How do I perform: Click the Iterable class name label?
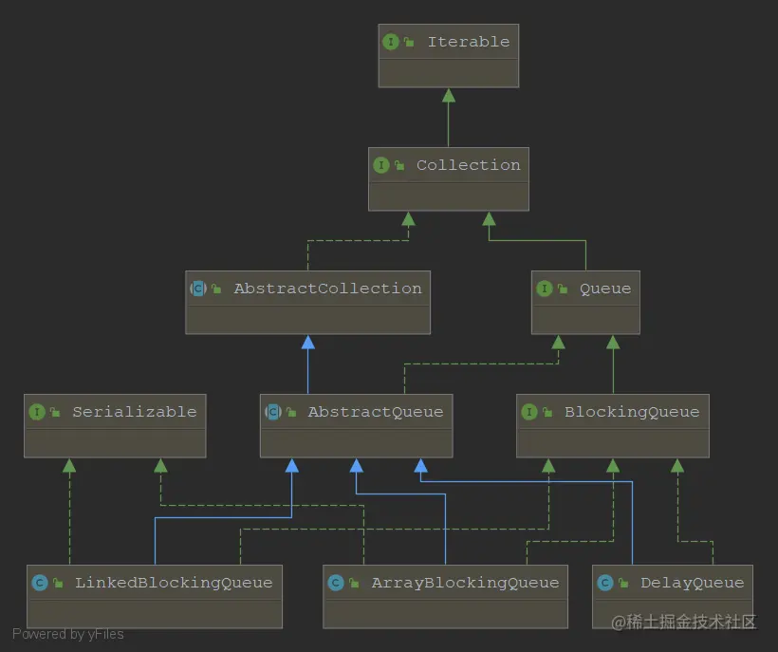pos(468,42)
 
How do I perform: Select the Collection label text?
pos(468,165)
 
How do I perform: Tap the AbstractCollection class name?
pos(327,289)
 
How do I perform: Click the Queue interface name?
pos(604,289)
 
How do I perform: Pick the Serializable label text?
pos(134,412)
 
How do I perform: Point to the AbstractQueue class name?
pos(375,412)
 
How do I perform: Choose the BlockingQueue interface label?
pos(631,412)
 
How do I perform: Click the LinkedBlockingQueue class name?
pos(173,583)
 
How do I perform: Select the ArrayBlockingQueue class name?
pos(465,583)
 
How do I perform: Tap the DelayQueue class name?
pos(692,583)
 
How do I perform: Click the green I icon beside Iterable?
pos(390,42)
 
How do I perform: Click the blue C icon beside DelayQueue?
pos(604,583)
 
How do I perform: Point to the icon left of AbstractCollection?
pos(198,289)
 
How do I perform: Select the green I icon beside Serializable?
pos(37,412)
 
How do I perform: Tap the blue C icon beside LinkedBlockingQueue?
pos(40,583)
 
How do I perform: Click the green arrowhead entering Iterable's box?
pos(449,95)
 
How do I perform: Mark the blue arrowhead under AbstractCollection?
pos(307,342)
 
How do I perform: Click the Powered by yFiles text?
pos(68,634)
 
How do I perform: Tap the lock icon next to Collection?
pos(399,166)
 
